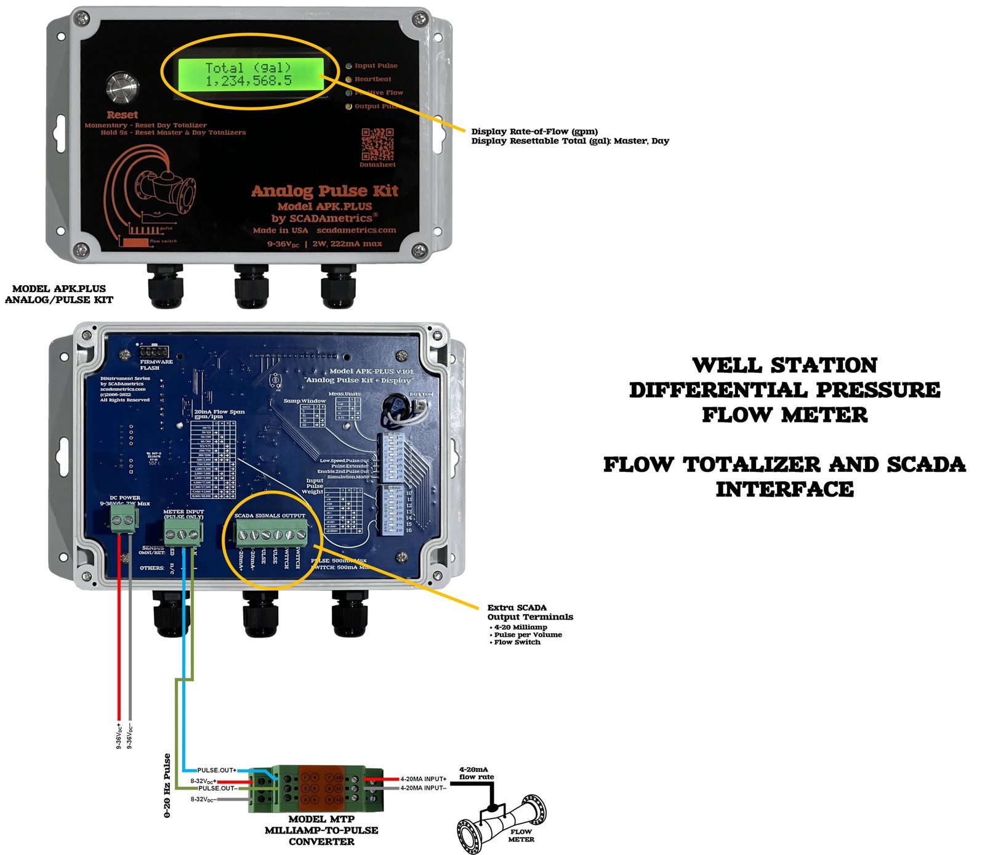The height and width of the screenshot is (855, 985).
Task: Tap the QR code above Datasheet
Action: click(x=377, y=144)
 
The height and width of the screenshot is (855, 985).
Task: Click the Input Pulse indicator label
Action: click(x=376, y=66)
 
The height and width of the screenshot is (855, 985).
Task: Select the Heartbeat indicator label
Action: click(x=372, y=79)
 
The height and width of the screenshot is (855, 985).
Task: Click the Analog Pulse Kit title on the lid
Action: click(x=324, y=191)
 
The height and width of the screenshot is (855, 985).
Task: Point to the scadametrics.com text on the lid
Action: click(x=356, y=230)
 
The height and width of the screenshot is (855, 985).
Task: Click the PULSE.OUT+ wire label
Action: click(x=217, y=771)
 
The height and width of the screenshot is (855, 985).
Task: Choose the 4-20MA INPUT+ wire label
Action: click(x=424, y=779)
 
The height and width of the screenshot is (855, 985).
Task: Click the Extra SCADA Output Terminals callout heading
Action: click(x=529, y=612)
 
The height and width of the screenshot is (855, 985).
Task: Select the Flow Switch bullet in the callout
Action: click(x=517, y=642)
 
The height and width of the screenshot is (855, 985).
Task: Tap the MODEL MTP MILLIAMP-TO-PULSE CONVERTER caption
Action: click(x=321, y=830)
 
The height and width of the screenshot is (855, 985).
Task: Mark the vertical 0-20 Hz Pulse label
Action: click(x=167, y=785)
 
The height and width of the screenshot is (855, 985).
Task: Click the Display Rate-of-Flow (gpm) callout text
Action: click(x=534, y=131)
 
